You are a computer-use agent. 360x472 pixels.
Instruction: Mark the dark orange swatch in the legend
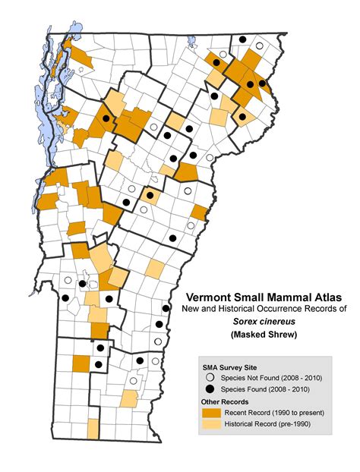pyautogui.click(x=210, y=412)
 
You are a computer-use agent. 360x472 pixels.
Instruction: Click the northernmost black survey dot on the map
pyautogui.click(x=242, y=40)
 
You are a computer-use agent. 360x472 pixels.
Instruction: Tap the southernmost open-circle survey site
pyautogui.click(x=134, y=381)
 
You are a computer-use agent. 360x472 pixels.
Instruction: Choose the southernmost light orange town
pyautogui.click(x=93, y=429)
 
